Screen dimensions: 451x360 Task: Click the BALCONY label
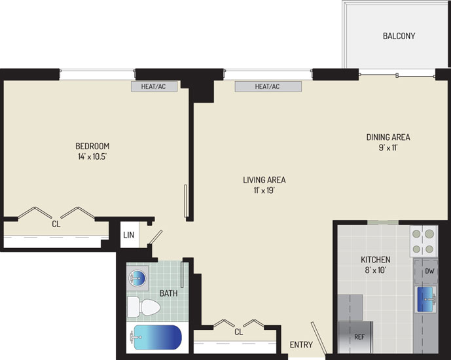pos(399,36)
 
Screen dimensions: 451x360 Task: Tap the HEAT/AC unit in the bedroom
pos(154,86)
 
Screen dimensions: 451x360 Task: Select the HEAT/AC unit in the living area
pos(268,86)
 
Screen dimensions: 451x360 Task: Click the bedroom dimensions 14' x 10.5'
pos(92,156)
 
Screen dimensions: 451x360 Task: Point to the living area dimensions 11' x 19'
pos(264,190)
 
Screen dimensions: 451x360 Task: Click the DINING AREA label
pos(388,137)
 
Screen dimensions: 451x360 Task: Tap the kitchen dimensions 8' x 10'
pos(375,270)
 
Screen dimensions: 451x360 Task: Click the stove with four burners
pos(424,241)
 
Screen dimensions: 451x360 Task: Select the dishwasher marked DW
pos(426,271)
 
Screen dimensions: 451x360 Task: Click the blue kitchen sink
pos(425,299)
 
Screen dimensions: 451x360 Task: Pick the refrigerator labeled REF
pos(355,337)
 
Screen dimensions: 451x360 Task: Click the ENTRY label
pos(301,344)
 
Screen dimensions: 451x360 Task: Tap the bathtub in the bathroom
pos(156,337)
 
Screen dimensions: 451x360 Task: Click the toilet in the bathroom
pos(143,306)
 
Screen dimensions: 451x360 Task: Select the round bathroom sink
pos(137,278)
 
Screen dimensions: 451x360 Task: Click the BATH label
pos(168,294)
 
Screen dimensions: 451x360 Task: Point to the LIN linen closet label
pos(128,235)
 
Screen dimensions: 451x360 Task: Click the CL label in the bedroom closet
pos(56,224)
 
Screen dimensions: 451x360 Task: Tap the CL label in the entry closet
pos(239,332)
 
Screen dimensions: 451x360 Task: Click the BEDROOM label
pos(92,146)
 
